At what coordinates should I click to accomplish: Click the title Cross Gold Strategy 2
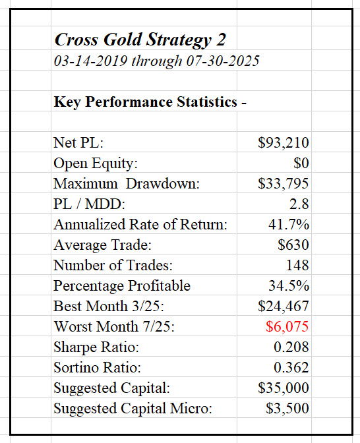pos(140,40)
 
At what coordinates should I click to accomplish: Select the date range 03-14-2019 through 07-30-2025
pos(156,61)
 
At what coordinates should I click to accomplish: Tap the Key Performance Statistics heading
pos(150,102)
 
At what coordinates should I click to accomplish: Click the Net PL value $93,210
pos(283,142)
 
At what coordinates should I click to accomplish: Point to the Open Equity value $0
pos(301,163)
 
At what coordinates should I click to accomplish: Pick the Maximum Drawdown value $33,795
pos(283,183)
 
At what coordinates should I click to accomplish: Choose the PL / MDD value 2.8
pos(299,204)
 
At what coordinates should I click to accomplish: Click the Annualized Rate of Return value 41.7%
pos(289,224)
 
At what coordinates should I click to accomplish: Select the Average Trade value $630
pos(293,245)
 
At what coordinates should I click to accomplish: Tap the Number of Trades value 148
pos(297,265)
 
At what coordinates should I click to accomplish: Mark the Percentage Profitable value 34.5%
pos(289,285)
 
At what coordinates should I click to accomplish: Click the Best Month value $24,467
pos(283,306)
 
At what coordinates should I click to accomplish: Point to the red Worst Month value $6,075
pos(287,326)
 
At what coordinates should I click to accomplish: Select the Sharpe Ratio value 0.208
pos(291,347)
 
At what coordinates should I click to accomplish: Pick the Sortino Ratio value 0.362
pos(291,367)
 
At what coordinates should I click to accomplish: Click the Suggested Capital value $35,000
pos(283,388)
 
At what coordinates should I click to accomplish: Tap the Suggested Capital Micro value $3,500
pos(287,408)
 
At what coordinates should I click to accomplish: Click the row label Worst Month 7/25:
pos(114,326)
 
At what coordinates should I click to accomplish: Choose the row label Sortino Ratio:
pos(97,367)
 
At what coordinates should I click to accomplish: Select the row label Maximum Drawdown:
pos(127,184)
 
